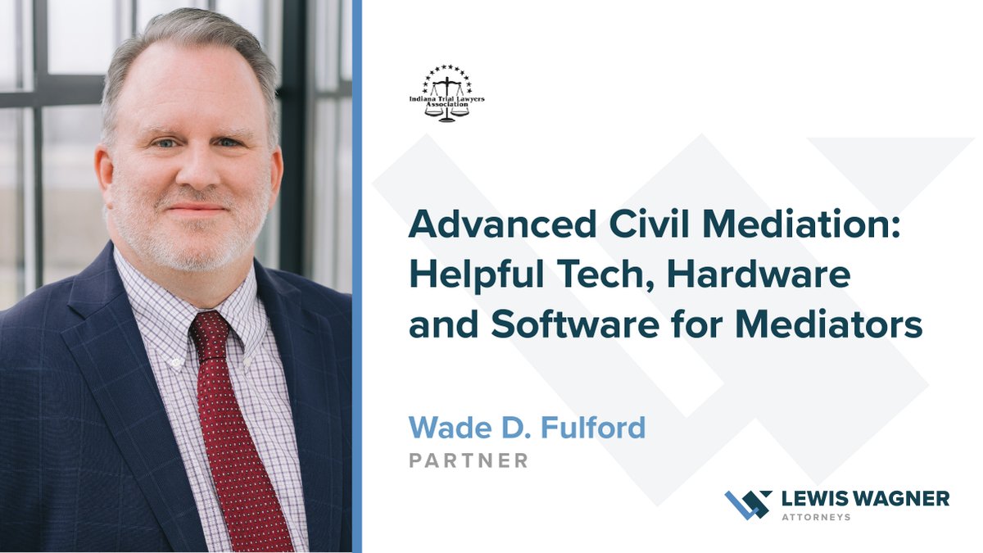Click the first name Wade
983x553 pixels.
443,427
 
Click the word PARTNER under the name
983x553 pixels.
469,460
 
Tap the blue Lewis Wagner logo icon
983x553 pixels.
748,504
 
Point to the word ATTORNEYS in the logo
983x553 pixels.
816,518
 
